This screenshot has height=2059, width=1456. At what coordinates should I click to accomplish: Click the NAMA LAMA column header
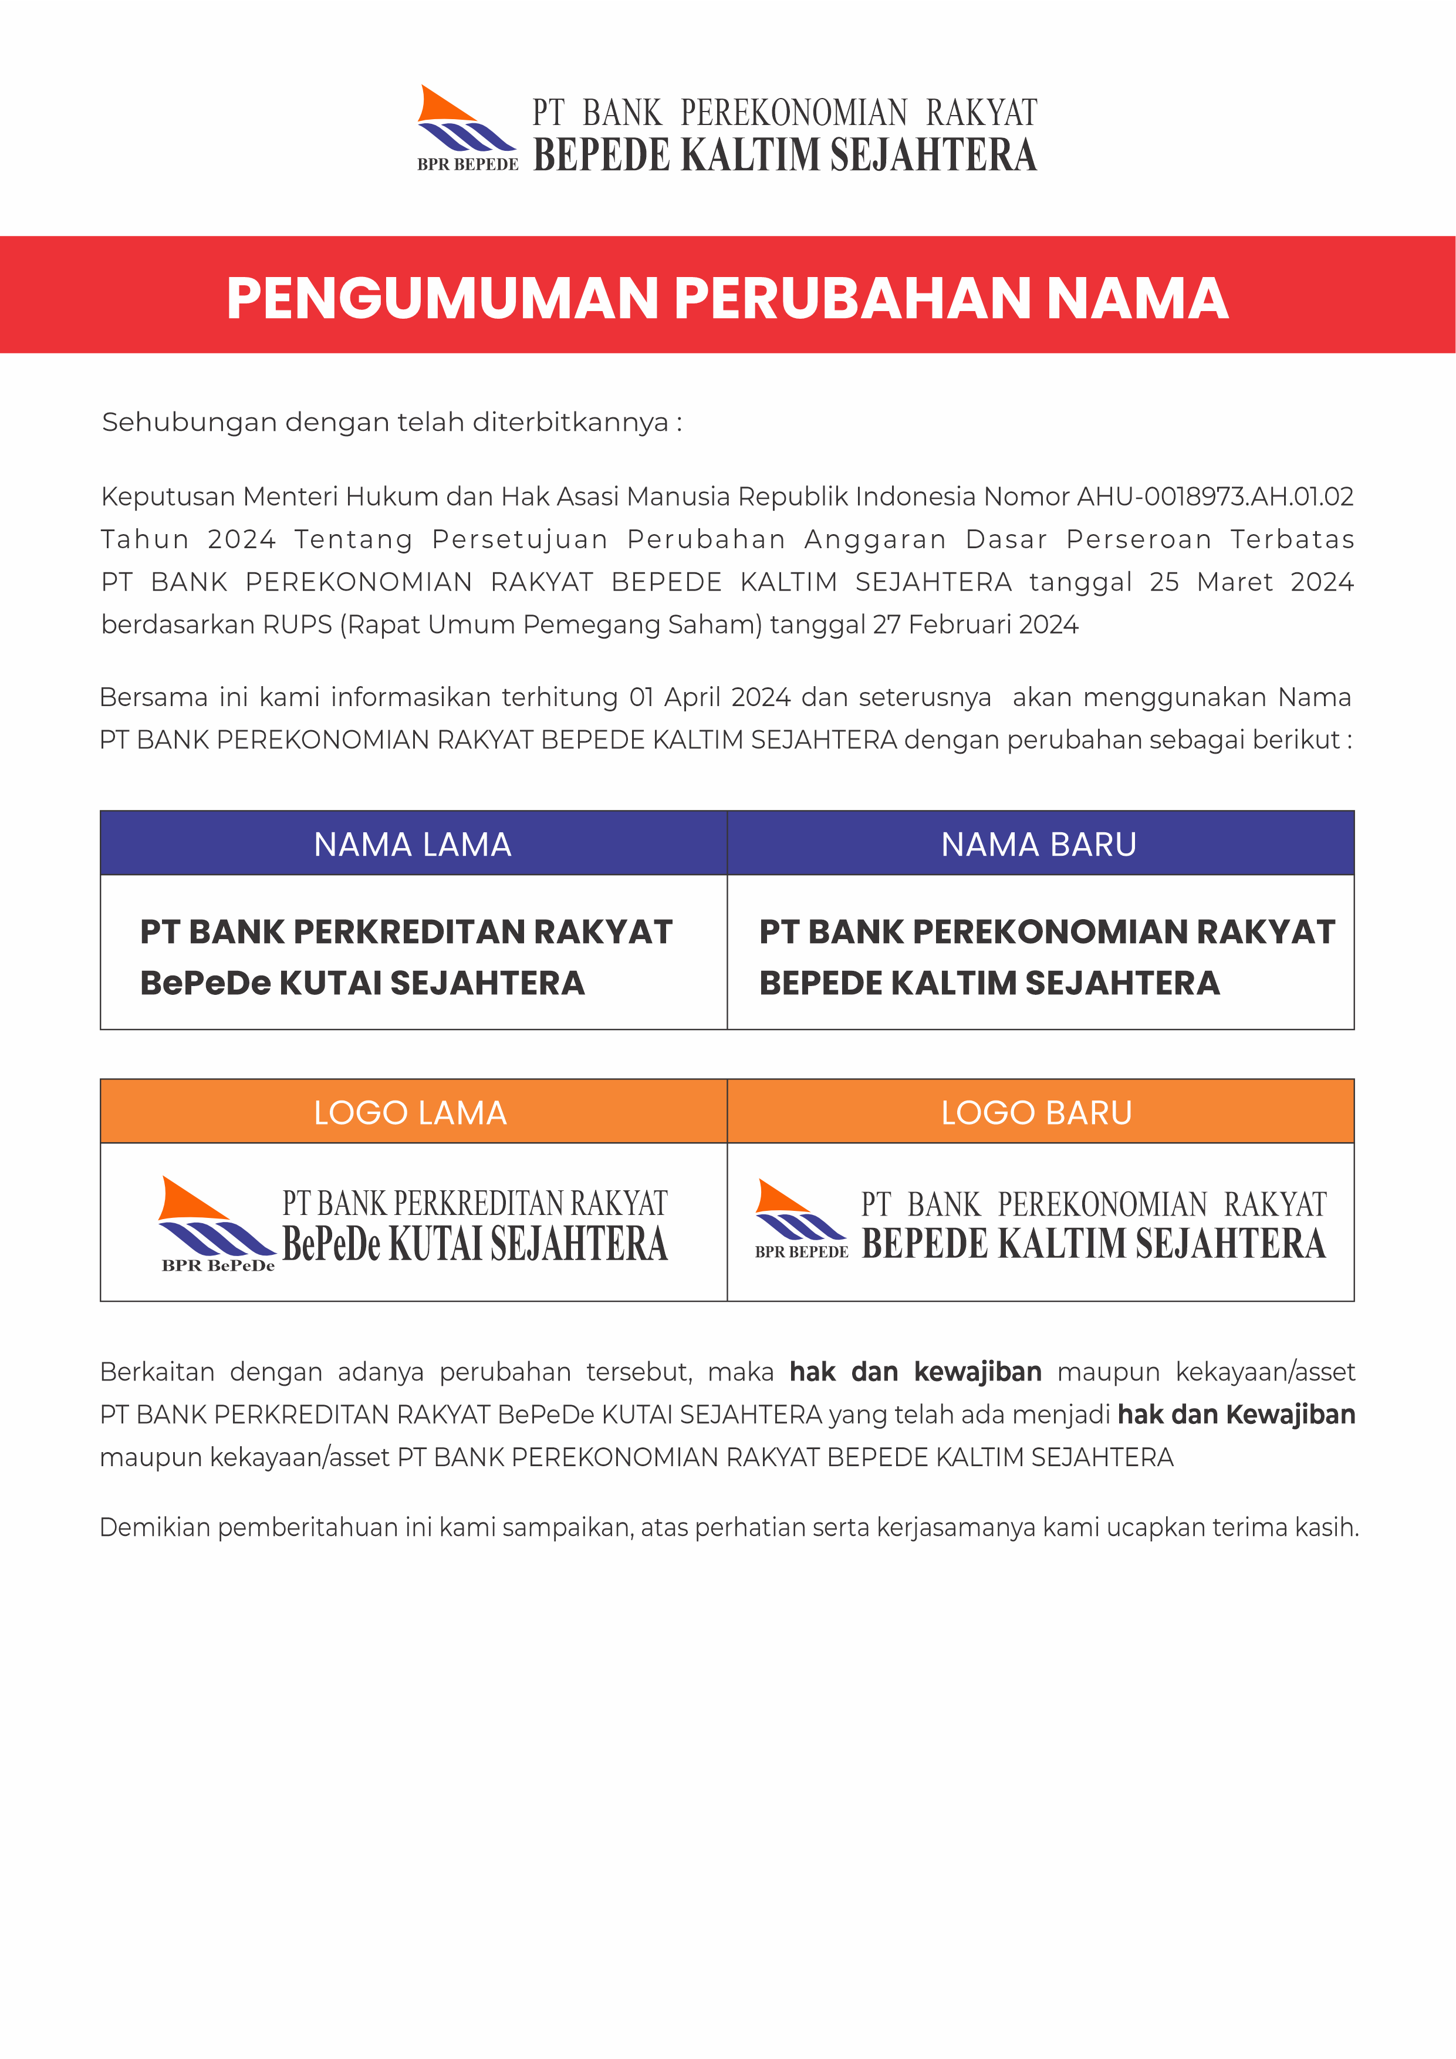(413, 844)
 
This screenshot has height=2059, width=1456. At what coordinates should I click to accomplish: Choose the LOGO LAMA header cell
(411, 1112)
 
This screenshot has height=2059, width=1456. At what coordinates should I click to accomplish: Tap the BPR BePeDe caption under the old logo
(218, 1265)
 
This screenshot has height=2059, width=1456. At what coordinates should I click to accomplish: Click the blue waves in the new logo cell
(800, 1226)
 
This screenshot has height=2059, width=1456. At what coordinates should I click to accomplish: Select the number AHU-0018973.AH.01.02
(1215, 496)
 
